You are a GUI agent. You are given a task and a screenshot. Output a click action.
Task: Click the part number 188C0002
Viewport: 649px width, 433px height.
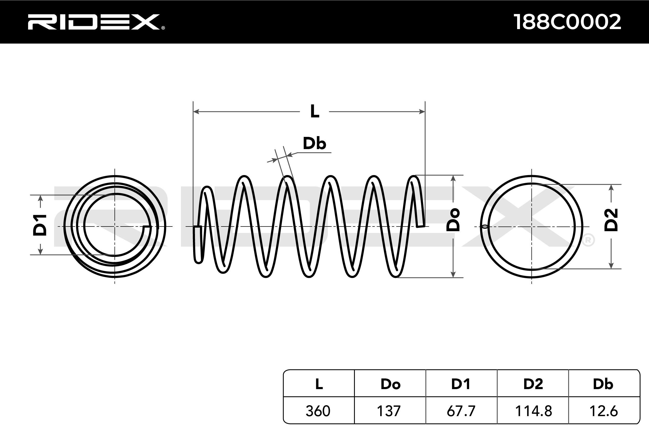[567, 22]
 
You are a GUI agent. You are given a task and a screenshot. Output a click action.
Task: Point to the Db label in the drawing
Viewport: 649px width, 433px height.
[314, 143]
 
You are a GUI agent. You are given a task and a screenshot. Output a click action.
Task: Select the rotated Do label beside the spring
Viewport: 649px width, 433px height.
[453, 220]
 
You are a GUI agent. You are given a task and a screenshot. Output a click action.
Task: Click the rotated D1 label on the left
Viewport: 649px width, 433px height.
[40, 225]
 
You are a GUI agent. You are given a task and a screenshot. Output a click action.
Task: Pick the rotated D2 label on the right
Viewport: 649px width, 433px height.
[611, 220]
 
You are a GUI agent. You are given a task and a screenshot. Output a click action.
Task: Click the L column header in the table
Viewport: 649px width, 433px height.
[319, 384]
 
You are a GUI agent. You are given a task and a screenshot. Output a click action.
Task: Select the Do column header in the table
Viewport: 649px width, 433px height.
[390, 384]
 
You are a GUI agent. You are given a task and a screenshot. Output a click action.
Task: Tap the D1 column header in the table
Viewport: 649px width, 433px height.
[461, 384]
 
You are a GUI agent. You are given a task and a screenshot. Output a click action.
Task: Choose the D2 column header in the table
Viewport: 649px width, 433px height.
[533, 384]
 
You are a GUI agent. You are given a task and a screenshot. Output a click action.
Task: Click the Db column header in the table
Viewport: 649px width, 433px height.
[603, 384]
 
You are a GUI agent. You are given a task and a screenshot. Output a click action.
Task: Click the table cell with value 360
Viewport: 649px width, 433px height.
[318, 411]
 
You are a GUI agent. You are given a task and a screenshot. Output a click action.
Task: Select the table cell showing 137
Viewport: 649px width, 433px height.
[389, 411]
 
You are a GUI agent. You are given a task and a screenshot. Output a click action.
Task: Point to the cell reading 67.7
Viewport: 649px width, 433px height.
[461, 411]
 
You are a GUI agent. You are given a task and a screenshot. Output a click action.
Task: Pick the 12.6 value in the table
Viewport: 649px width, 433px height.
[604, 411]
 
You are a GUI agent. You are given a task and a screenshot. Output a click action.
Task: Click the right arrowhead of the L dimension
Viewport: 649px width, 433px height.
[422, 112]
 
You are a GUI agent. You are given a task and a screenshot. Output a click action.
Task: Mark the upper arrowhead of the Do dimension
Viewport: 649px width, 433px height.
[453, 178]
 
